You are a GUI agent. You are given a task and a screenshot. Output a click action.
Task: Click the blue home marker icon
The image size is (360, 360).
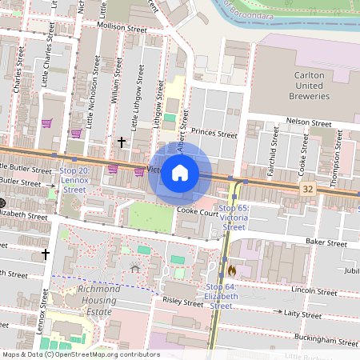[x=180, y=172]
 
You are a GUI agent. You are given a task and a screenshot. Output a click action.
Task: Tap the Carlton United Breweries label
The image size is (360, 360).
[x=307, y=85]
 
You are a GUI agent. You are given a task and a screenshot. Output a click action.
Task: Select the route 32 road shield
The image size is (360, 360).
[x=308, y=189]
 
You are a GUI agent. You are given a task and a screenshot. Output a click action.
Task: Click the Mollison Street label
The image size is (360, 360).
[x=118, y=26]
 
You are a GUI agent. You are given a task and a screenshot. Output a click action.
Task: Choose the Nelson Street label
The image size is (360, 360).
[x=309, y=124]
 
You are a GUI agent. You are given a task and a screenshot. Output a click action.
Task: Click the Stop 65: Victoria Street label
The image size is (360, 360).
[x=234, y=217]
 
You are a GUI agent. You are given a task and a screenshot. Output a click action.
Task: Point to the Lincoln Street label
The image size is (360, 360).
[x=315, y=292]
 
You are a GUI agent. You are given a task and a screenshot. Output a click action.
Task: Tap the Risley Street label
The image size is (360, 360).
[x=183, y=303]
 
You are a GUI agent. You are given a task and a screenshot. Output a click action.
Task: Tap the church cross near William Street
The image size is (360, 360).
[x=122, y=142]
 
